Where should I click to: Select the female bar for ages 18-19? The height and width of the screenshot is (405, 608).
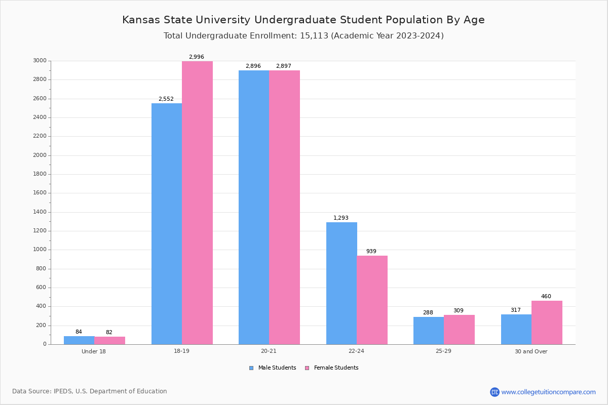197,202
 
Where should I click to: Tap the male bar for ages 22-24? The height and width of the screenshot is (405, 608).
341,283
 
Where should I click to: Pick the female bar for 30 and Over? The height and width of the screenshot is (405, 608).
547,322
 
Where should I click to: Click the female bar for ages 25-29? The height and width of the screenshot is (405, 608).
459,330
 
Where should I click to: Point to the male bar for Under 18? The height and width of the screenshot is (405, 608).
79,340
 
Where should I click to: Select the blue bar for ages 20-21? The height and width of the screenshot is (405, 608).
254,207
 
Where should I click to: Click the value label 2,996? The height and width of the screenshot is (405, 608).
197,57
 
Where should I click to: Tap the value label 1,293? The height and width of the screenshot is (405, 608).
341,218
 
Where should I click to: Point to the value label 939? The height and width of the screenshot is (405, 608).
371,252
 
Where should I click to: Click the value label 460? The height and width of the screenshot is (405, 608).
546,297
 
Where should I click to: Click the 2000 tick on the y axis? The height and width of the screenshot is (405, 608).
40,155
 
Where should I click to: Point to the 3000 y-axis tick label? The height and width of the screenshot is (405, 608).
40,61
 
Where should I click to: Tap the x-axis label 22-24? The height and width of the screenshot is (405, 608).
356,351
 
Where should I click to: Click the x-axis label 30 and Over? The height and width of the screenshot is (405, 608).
531,351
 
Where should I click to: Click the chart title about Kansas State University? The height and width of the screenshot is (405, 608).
303,20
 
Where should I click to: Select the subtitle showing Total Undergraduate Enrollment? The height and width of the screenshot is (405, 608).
303,36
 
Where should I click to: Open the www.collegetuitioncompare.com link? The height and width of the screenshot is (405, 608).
548,392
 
